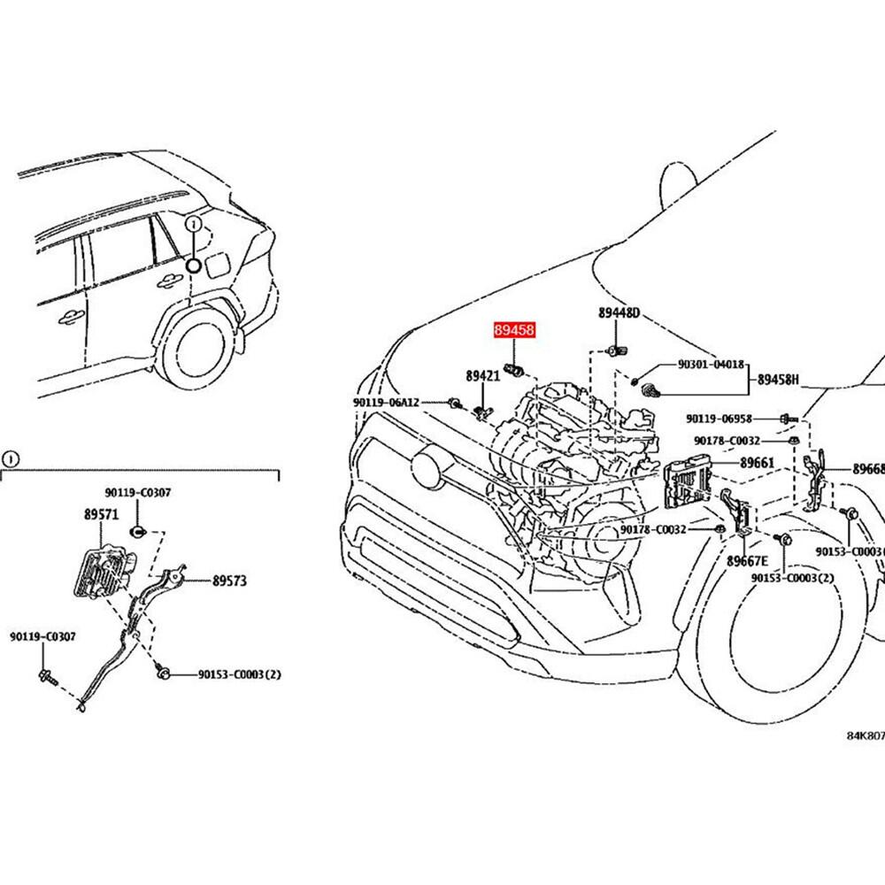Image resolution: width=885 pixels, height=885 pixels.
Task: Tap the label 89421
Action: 483,376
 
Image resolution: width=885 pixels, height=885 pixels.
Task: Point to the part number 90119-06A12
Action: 385,403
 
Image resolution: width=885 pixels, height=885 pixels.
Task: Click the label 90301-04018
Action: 711,364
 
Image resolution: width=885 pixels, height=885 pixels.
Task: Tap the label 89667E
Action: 748,561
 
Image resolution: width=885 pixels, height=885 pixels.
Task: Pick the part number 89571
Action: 102,514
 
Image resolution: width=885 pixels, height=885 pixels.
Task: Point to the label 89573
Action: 228,581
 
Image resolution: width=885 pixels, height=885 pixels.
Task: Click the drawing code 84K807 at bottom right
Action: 864,735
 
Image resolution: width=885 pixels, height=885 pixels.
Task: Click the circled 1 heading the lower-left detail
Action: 9,458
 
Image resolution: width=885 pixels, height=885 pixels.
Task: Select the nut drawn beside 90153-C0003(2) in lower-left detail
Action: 163,675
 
